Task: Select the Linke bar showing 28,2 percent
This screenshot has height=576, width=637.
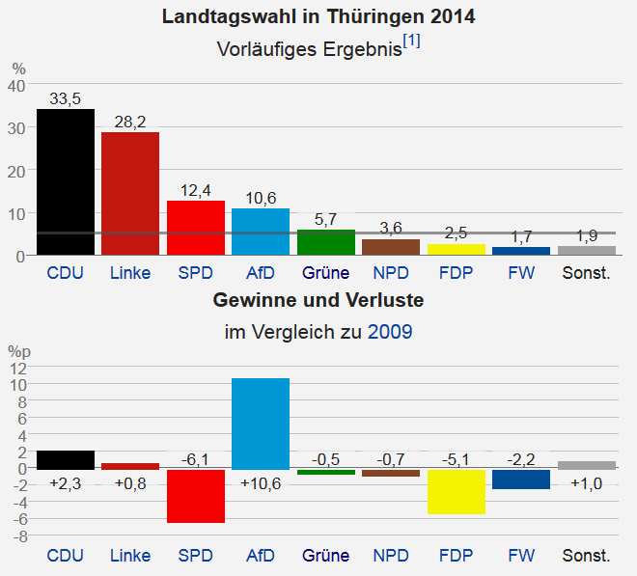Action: click(x=130, y=193)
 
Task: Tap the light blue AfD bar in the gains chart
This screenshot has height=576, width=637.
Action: click(x=261, y=424)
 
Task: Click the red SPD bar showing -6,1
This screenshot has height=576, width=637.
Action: click(x=196, y=496)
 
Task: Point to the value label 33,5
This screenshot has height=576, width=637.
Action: click(x=66, y=98)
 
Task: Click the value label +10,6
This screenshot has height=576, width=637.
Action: click(x=261, y=483)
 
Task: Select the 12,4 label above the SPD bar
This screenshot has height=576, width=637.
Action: click(x=196, y=190)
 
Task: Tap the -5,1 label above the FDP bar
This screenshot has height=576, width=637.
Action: click(x=457, y=459)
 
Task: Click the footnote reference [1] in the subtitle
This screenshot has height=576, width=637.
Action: click(x=412, y=41)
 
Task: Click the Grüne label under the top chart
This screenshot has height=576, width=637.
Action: click(x=325, y=273)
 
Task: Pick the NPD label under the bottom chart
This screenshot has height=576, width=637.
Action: click(x=390, y=556)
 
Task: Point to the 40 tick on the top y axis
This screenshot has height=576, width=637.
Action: click(x=16, y=85)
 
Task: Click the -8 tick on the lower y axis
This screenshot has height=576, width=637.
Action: click(x=17, y=535)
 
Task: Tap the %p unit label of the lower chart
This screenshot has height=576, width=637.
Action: click(x=19, y=351)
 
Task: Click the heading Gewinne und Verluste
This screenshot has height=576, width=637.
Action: click(x=318, y=301)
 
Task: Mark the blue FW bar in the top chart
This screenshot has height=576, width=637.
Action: click(x=521, y=251)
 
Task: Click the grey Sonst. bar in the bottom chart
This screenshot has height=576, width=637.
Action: click(x=587, y=465)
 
